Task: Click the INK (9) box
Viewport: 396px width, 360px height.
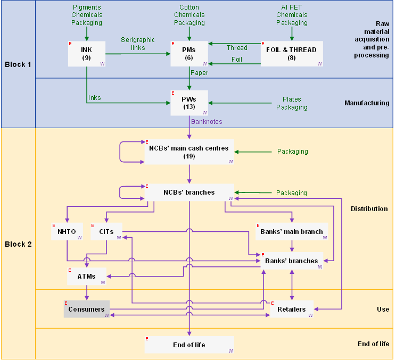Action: pos(87,54)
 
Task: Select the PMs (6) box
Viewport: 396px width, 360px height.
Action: pos(189,54)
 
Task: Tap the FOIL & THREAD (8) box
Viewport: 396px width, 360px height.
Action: pos(292,54)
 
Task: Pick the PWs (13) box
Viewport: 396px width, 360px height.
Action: pos(189,103)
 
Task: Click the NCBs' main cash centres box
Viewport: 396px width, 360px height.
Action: pos(189,152)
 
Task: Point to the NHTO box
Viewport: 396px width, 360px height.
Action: pos(67,231)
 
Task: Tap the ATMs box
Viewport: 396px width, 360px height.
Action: pos(86,276)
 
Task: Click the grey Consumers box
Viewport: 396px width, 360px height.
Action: pos(86,309)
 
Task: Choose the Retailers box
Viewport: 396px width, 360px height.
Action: pos(292,309)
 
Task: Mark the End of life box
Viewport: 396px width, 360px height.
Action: pos(189,345)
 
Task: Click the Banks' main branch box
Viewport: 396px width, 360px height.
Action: pos(291,231)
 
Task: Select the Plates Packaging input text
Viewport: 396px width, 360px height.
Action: pos(292,103)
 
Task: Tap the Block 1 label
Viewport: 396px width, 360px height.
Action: pos(18,64)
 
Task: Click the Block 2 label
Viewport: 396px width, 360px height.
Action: pos(18,244)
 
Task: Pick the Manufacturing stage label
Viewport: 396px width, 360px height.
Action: pos(366,103)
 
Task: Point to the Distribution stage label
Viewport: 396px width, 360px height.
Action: pos(369,208)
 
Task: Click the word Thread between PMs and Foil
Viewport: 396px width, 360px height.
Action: pos(237,48)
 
